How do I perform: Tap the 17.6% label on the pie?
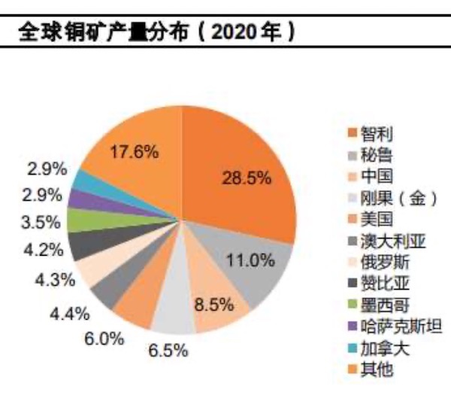click(134, 151)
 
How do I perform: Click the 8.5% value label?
click(212, 306)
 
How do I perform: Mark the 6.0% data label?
click(104, 339)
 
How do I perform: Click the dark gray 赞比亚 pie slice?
click(80, 244)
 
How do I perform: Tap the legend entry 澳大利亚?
click(387, 241)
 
